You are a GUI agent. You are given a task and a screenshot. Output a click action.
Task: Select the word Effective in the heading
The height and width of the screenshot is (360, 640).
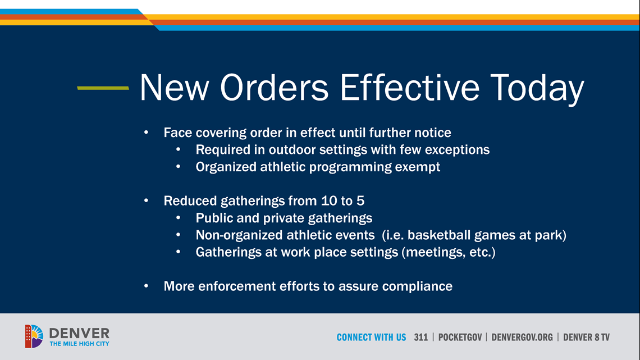click(x=409, y=87)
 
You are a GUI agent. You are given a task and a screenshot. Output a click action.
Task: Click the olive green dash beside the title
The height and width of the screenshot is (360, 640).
click(x=103, y=88)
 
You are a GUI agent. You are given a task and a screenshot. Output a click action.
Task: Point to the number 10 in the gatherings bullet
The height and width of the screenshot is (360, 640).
click(x=329, y=201)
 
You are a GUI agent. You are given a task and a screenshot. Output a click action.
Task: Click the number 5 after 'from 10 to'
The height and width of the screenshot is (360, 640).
click(x=360, y=201)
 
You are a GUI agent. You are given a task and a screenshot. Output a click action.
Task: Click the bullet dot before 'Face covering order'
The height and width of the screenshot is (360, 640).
click(x=146, y=132)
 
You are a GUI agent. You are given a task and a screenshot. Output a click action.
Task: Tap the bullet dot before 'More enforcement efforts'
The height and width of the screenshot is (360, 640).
click(x=146, y=286)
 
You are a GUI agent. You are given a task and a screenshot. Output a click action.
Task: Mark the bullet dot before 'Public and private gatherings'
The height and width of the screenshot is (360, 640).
click(x=178, y=217)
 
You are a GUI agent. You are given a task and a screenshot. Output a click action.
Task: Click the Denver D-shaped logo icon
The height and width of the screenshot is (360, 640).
click(x=34, y=336)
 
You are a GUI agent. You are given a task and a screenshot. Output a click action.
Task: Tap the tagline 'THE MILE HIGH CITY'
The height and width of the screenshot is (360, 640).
click(x=80, y=344)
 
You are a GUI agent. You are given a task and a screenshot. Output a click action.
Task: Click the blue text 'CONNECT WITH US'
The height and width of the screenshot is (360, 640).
click(x=372, y=337)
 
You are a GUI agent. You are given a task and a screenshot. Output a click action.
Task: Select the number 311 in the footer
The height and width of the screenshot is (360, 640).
click(x=421, y=337)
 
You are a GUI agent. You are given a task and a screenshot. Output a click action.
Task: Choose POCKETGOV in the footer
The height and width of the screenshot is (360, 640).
click(x=460, y=337)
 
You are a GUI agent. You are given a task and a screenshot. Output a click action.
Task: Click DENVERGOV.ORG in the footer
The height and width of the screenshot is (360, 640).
click(x=522, y=337)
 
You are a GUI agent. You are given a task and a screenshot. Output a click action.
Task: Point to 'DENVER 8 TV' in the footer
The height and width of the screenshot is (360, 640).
click(x=587, y=337)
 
